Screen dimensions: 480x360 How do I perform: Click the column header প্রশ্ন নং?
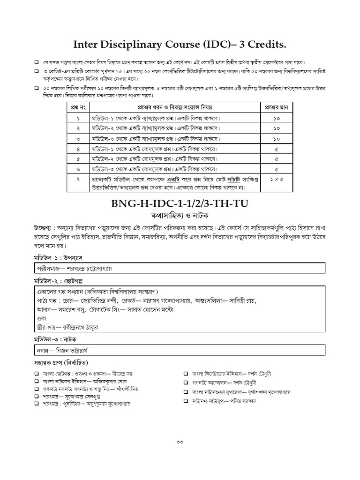tap(78, 106)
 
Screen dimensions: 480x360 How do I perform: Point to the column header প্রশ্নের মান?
tap(276, 106)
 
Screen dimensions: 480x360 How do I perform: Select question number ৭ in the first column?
tap(78, 179)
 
